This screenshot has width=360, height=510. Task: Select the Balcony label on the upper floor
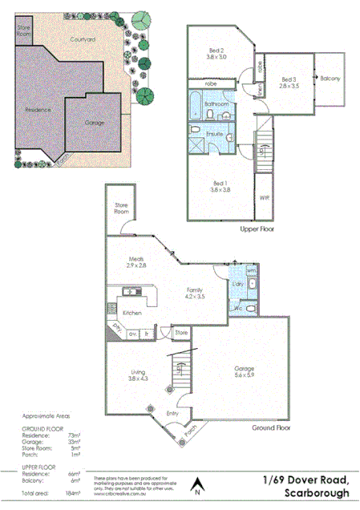coord(330,79)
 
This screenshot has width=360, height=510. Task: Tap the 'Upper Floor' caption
coord(257,229)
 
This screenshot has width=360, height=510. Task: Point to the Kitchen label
coord(132,314)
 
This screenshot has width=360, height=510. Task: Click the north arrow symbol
coord(197,486)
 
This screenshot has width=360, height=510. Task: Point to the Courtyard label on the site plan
coord(83,38)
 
